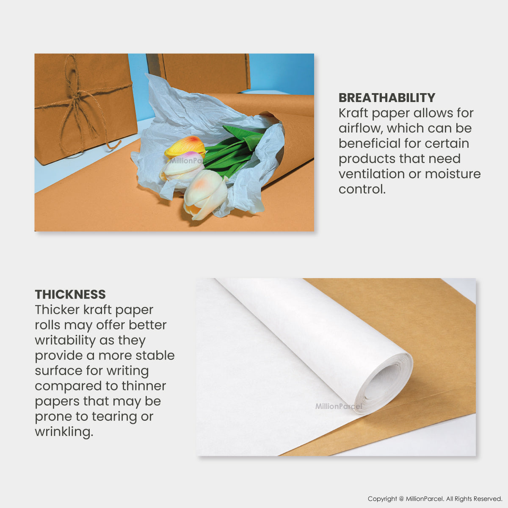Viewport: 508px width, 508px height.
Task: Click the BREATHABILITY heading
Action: (x=387, y=98)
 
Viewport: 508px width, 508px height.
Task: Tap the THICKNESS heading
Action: (x=70, y=295)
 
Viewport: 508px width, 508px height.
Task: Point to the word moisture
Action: (x=453, y=174)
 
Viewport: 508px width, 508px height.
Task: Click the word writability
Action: (x=65, y=341)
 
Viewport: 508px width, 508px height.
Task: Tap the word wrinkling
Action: (x=64, y=432)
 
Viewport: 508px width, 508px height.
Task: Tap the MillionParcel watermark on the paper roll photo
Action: (x=339, y=406)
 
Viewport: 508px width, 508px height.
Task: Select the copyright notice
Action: (x=435, y=499)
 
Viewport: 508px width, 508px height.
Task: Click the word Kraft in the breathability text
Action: (x=353, y=113)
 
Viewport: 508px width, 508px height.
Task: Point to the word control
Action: (x=362, y=189)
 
